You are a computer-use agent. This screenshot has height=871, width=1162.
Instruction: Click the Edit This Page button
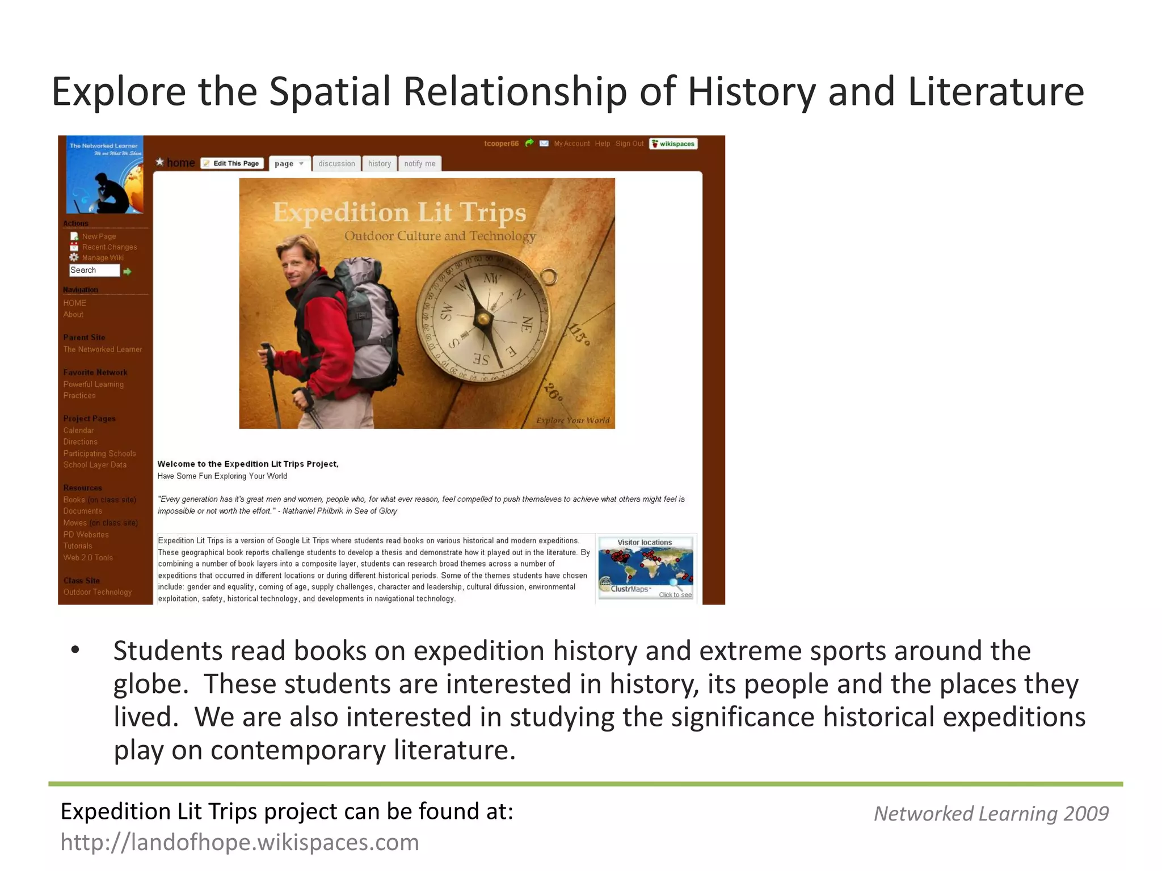tap(232, 163)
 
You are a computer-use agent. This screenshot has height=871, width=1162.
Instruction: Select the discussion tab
tap(336, 163)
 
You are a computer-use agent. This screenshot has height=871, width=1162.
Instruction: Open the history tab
tap(380, 163)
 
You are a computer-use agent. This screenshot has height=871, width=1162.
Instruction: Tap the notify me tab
tap(420, 163)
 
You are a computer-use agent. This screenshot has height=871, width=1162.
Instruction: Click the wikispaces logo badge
tap(673, 143)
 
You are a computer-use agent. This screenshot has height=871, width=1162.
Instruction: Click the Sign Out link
tap(629, 143)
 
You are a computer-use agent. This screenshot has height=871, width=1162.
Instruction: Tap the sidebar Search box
tap(94, 270)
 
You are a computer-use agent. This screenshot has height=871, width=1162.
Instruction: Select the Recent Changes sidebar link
tap(109, 247)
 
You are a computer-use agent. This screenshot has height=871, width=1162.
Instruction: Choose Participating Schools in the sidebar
tap(99, 454)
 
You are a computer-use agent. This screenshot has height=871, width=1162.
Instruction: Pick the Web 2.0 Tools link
tap(88, 558)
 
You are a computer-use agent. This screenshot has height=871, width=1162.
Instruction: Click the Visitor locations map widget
tap(646, 567)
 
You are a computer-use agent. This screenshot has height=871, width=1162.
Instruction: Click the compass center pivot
tap(483, 319)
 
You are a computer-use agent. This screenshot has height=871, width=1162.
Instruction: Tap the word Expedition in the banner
tap(340, 213)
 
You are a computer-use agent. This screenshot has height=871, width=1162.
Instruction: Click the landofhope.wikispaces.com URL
tap(239, 843)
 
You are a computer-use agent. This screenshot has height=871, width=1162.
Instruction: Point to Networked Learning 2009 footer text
tap(991, 814)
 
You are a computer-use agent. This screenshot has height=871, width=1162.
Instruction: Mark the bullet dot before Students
tap(75, 650)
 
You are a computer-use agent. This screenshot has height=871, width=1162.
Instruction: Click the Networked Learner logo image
tap(104, 175)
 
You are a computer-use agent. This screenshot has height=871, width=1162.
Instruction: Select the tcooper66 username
tap(501, 143)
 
